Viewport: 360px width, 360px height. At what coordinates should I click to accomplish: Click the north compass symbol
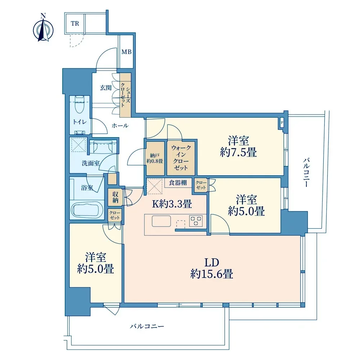pos(43,29)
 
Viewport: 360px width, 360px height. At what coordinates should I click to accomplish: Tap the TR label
pos(75,24)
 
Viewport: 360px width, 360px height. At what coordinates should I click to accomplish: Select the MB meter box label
pos(126,52)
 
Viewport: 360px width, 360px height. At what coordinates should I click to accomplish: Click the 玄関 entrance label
pos(106,87)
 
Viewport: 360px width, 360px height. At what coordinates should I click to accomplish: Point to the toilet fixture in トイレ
pos(80,104)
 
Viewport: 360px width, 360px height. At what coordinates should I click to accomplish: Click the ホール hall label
pos(120,125)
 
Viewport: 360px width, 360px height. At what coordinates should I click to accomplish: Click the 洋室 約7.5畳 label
pos(238,146)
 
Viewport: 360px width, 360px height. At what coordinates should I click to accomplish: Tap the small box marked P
pos(282,122)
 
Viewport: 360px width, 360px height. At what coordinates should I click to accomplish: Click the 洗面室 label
pos(91,163)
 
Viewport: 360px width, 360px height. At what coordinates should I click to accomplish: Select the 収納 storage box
pos(115,197)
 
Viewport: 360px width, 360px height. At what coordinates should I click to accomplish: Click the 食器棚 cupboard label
pos(178,183)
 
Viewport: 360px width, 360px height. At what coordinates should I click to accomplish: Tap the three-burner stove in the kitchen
pos(196,221)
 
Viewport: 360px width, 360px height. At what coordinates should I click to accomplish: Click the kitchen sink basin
pos(161,221)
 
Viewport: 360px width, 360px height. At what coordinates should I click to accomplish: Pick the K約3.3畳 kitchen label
pos(172,204)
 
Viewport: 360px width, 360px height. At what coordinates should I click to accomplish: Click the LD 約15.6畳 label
pos(212,268)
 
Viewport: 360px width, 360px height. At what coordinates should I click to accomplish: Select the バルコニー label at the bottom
pos(147,326)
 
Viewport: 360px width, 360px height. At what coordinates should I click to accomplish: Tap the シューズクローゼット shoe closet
pos(126,95)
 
